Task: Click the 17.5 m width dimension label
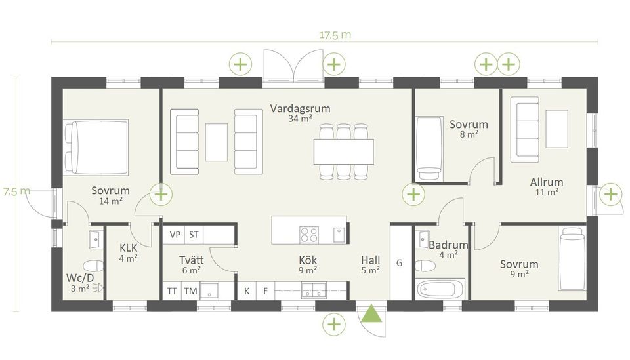[x=335, y=35]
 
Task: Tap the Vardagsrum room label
[x=300, y=108]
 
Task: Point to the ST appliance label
[x=194, y=234]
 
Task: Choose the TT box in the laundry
[x=171, y=290]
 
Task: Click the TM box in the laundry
[x=190, y=290]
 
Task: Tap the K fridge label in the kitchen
[x=247, y=291]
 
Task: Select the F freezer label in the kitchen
[x=265, y=291]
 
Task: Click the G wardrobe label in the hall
[x=400, y=263]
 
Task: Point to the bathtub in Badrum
[x=440, y=289]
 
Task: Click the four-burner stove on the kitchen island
[x=309, y=235]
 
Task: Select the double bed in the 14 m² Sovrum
[x=96, y=147]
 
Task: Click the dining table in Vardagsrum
[x=343, y=151]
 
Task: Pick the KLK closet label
[x=129, y=248]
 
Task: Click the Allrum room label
[x=547, y=182]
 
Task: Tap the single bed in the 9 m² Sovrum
[x=572, y=258]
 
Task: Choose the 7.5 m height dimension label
[x=16, y=191]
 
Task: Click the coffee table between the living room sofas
[x=217, y=142]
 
